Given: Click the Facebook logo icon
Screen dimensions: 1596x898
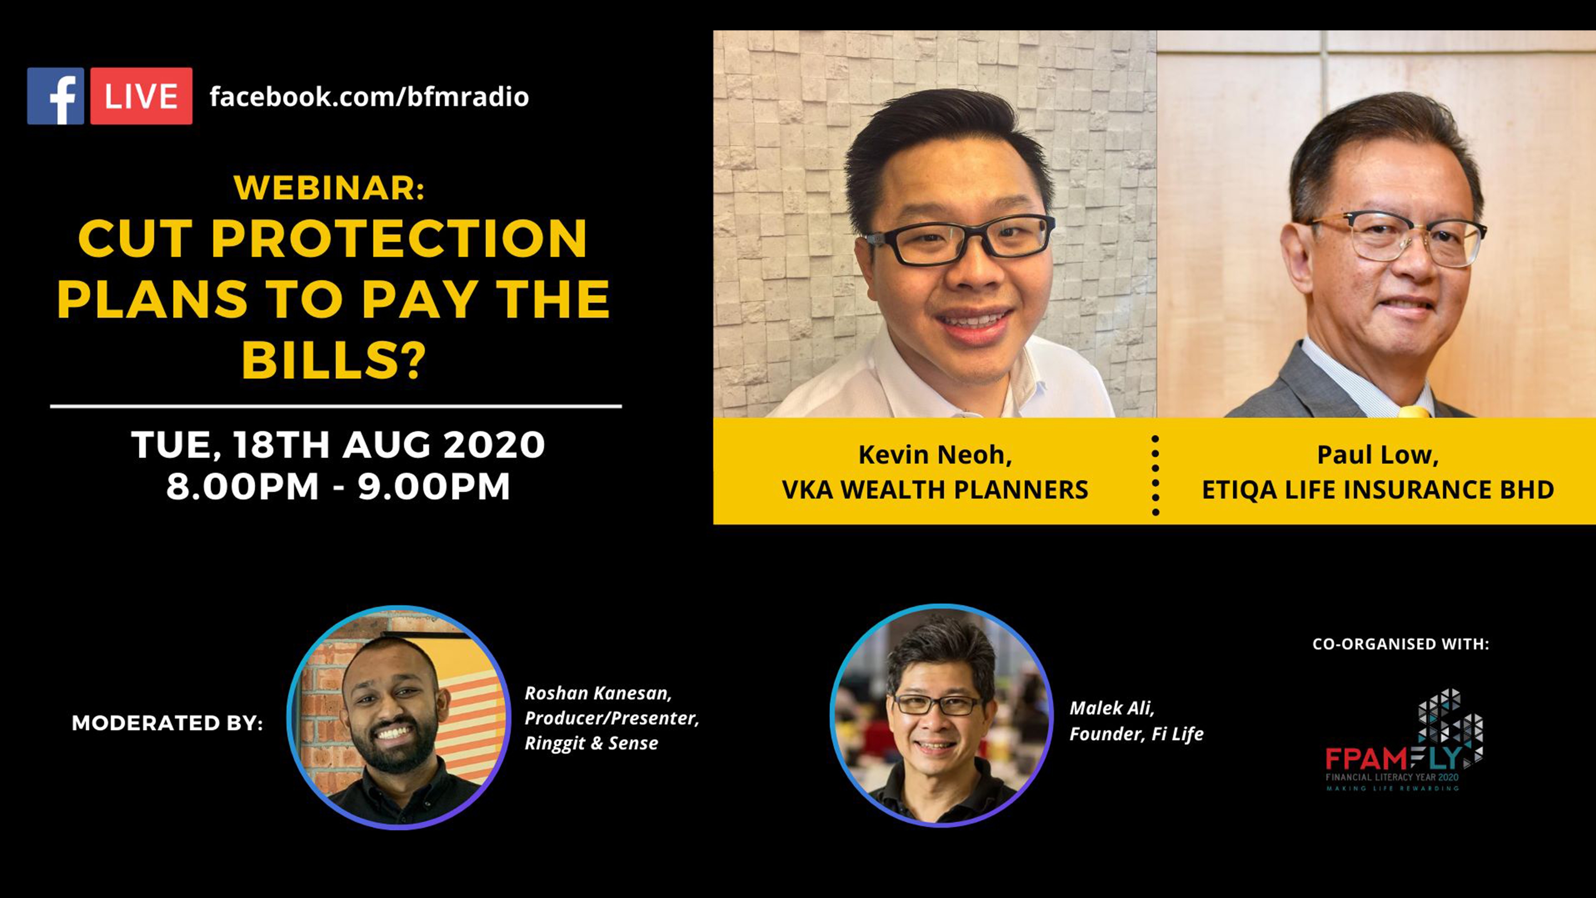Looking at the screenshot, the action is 56,96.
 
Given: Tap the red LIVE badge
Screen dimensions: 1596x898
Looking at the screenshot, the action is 141,96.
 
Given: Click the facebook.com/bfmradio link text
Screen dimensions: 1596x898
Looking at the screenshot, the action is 369,97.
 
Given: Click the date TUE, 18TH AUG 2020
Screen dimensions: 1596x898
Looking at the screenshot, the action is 338,445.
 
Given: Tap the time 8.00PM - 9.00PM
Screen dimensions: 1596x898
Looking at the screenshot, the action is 338,486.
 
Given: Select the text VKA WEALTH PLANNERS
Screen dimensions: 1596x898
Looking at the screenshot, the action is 935,490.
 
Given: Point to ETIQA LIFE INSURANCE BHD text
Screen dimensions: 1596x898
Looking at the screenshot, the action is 1378,490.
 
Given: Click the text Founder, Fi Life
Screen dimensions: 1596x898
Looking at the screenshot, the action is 1136,734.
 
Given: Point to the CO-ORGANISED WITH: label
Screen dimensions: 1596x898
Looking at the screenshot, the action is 1401,644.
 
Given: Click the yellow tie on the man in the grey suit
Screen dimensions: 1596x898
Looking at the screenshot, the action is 1414,412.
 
